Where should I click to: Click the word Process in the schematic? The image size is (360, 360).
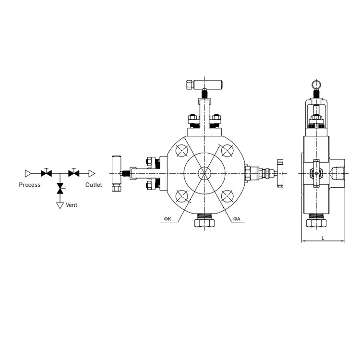point(30,185)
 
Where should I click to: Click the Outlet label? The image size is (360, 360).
point(94,185)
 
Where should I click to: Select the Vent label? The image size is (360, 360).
point(72,205)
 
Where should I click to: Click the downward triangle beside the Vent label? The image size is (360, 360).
point(60,205)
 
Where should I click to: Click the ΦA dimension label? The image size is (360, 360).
point(237,219)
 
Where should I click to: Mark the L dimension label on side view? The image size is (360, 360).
point(323,237)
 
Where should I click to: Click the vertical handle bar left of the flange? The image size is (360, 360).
point(115,173)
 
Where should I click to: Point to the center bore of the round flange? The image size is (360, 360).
point(204,173)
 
